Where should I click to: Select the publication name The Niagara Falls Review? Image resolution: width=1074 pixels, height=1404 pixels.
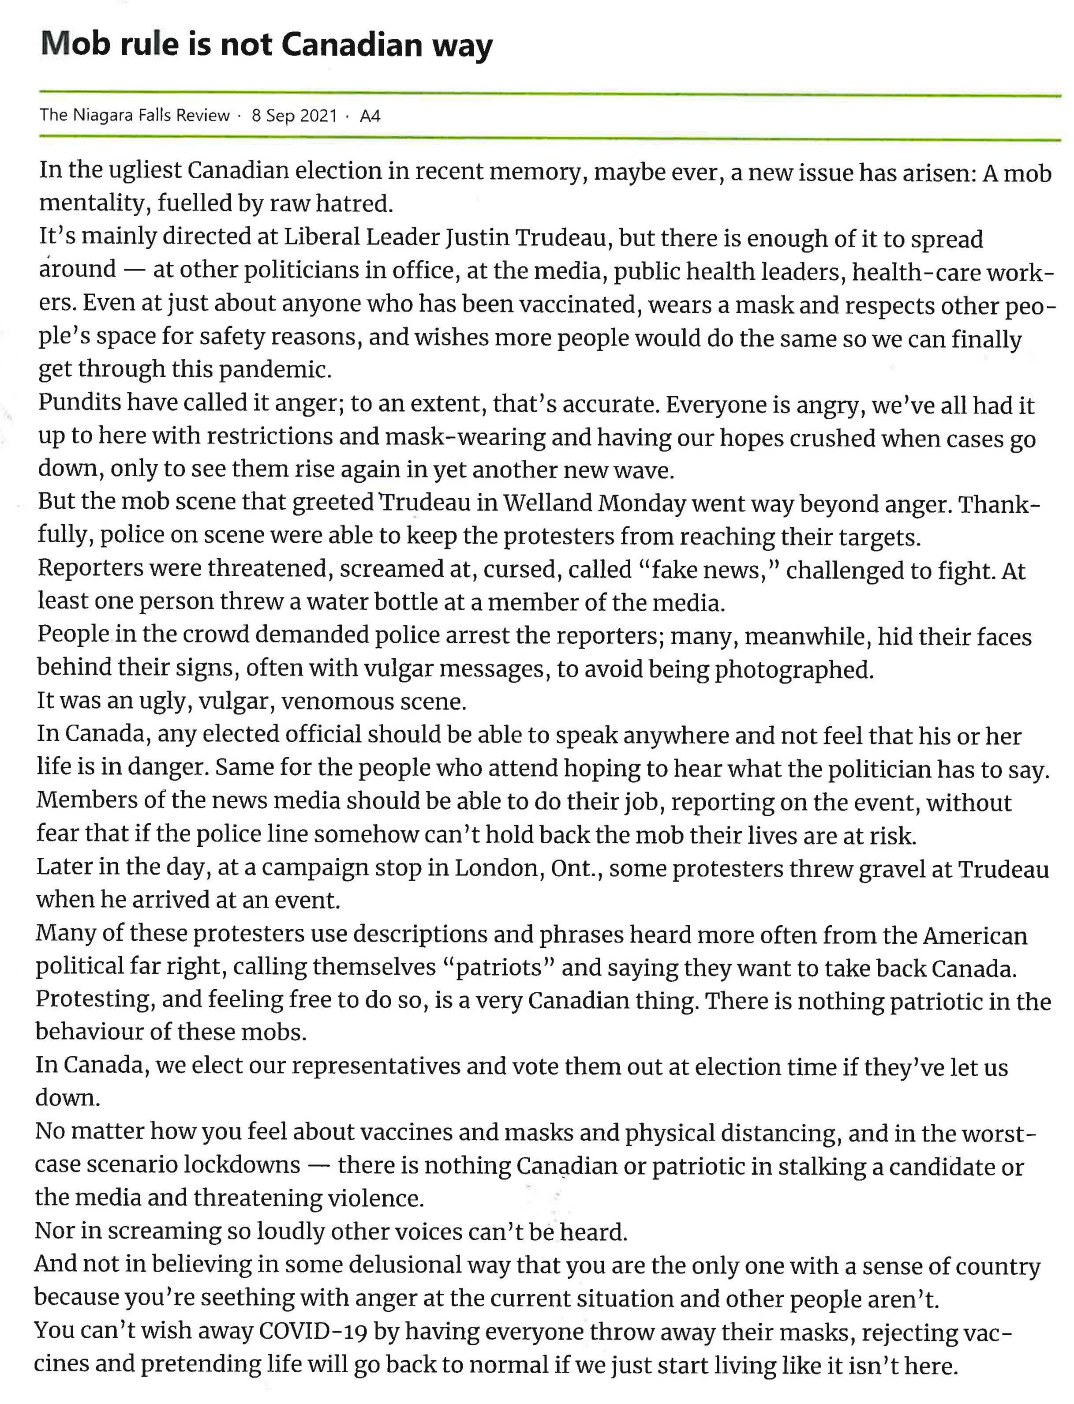point(134,116)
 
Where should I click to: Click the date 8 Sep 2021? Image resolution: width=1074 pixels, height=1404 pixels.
point(294,116)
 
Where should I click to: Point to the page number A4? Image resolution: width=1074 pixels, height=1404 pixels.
point(370,116)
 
